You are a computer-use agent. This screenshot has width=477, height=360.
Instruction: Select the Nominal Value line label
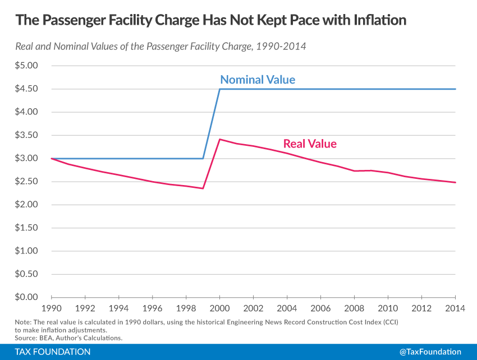(x=258, y=80)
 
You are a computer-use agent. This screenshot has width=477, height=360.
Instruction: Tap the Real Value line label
(x=310, y=144)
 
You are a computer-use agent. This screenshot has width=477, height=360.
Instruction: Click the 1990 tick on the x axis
(x=52, y=308)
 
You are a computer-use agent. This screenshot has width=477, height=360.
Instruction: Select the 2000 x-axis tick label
(x=220, y=308)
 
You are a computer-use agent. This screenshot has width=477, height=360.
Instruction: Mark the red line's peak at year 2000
(x=220, y=139)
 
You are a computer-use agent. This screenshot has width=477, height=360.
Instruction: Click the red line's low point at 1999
(x=203, y=188)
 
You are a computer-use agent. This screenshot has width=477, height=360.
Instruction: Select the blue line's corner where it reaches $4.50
(x=220, y=89)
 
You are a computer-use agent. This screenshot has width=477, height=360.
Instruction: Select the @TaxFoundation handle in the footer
(x=430, y=352)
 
